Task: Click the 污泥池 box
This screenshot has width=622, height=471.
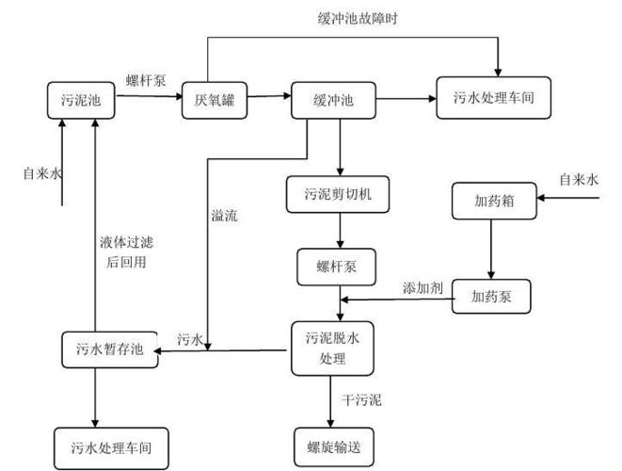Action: [x=81, y=99]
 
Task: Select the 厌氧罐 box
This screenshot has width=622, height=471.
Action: [x=214, y=99]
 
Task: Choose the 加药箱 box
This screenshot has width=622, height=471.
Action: [x=488, y=200]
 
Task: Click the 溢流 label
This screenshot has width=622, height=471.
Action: [x=225, y=216]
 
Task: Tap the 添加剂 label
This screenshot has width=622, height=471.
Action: [x=421, y=285]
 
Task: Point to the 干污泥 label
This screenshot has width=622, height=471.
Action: [x=363, y=401]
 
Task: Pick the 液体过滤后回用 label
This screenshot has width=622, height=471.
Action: [x=123, y=252]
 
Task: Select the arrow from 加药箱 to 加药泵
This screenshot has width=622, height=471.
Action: [x=488, y=248]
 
